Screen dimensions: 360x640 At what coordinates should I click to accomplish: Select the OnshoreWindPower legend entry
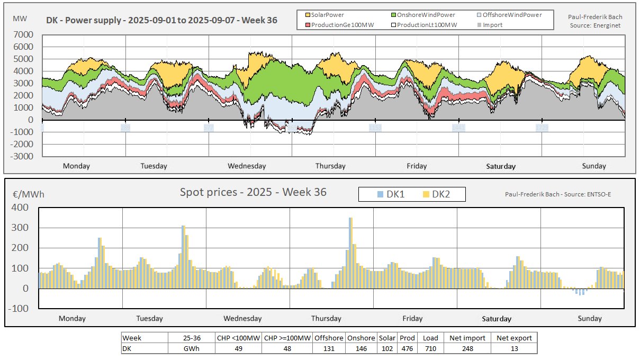[x=423, y=15]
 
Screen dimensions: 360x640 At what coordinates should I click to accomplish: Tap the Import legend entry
[x=492, y=24]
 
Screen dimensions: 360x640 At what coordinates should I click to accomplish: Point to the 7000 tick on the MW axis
[x=24, y=34]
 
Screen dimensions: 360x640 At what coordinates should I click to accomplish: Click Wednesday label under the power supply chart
[x=247, y=166]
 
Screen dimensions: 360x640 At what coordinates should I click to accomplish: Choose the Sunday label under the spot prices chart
[x=590, y=318]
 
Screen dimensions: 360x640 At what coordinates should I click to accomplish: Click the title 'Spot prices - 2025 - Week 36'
[x=254, y=192]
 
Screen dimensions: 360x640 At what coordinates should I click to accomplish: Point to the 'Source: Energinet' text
[x=595, y=24]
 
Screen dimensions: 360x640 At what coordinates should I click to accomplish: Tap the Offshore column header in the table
[x=329, y=338]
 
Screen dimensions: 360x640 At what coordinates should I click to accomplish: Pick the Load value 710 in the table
[x=430, y=349]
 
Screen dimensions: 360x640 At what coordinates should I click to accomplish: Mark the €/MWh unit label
[x=29, y=194]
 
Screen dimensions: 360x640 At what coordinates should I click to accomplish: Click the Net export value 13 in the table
[x=513, y=349]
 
